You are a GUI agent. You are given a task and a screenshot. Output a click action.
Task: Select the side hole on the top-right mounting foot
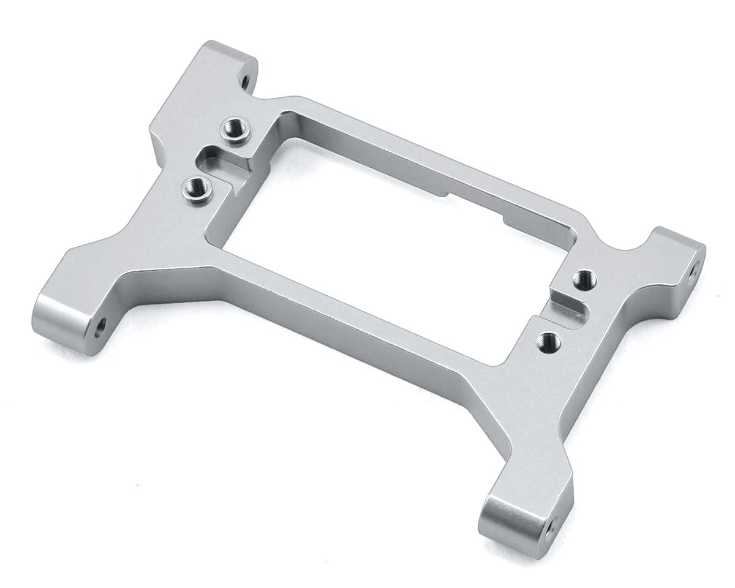695,268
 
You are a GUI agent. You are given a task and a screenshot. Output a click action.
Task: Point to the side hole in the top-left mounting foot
244,80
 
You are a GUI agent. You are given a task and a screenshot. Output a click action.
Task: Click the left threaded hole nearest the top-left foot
232,129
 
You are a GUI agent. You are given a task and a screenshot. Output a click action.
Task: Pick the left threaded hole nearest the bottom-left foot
196,185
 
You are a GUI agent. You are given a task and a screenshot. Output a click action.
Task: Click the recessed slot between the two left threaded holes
216,161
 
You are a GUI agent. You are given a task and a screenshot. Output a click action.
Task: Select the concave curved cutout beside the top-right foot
637,248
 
